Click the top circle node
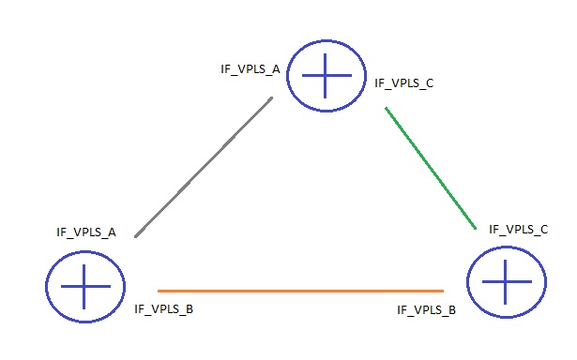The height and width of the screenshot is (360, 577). (324, 76)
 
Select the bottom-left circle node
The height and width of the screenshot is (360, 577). (84, 285)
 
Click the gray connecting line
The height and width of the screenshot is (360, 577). (205, 165)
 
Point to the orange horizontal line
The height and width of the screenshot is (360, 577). (300, 291)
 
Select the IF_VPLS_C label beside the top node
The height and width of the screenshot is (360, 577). (403, 83)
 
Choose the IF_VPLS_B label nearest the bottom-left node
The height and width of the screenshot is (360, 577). (164, 307)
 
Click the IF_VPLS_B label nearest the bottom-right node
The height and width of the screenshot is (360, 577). (427, 308)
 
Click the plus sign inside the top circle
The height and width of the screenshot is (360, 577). (324, 76)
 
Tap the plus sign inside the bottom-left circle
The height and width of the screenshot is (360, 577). (84, 285)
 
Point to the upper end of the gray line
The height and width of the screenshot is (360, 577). (272, 97)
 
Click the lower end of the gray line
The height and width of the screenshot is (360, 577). (137, 235)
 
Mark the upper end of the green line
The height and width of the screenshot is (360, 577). (386, 109)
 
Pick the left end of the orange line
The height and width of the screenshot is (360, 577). (159, 291)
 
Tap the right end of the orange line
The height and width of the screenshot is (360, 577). (443, 291)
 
